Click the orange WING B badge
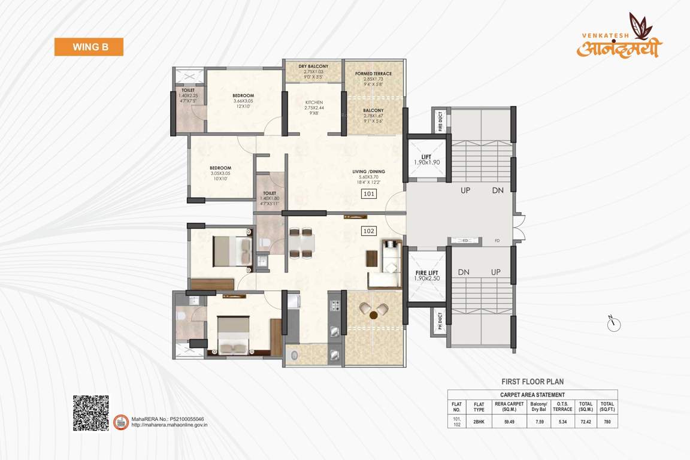click(x=89, y=47)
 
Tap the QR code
click(x=91, y=413)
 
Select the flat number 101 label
click(x=368, y=193)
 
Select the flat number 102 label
click(x=368, y=230)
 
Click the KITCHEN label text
click(x=314, y=102)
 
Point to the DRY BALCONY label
click(x=313, y=66)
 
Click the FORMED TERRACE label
click(x=373, y=74)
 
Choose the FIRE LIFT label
click(x=428, y=275)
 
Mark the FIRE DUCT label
click(x=440, y=122)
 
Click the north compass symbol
click(x=614, y=324)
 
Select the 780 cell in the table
click(x=607, y=422)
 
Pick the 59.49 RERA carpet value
click(x=509, y=422)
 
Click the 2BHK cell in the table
click(x=479, y=422)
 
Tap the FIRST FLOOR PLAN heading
click(x=532, y=382)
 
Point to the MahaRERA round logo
click(x=122, y=422)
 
